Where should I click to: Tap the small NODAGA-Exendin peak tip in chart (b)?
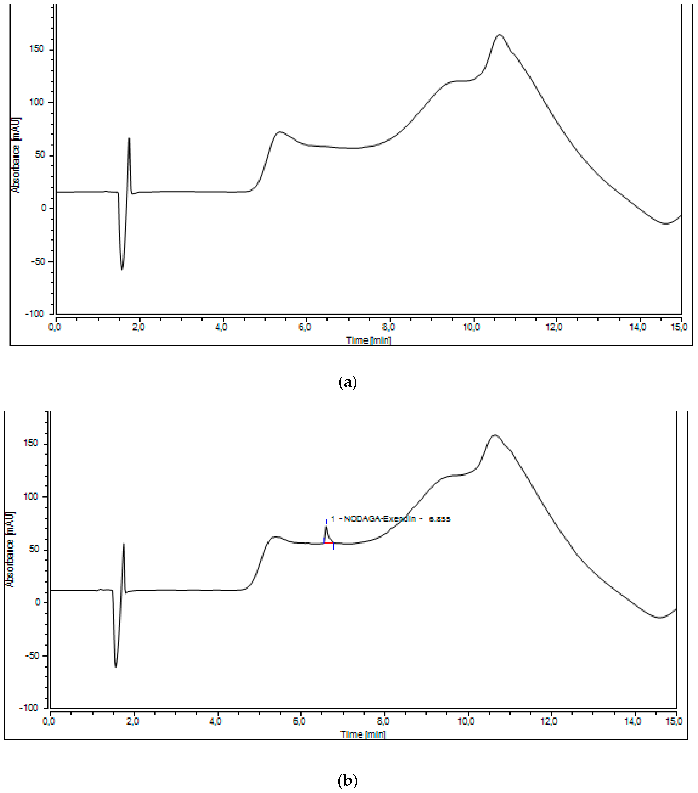point(326,526)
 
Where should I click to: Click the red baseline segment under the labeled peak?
point(329,543)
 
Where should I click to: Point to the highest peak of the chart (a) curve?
point(499,35)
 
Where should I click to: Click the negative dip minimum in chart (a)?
point(122,269)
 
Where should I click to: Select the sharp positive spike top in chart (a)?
point(129,138)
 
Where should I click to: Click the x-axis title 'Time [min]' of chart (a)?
point(368,340)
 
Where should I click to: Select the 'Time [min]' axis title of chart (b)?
point(363,734)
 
